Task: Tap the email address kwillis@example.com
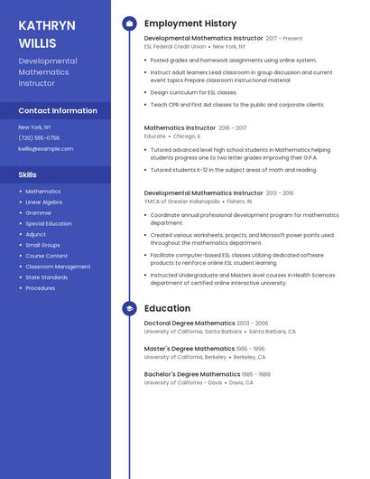pyautogui.click(x=45, y=148)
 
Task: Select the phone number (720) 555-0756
pyautogui.click(x=39, y=138)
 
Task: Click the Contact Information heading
pyautogui.click(x=58, y=111)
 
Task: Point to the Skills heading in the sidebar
pyautogui.click(x=28, y=174)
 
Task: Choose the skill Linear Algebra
pyautogui.click(x=44, y=202)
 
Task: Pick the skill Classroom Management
pyautogui.click(x=58, y=267)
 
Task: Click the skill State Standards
pyautogui.click(x=47, y=277)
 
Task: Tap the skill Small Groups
pyautogui.click(x=42, y=245)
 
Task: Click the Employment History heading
pyautogui.click(x=190, y=23)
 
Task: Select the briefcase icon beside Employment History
pyautogui.click(x=129, y=23)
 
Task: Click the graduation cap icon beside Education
pyautogui.click(x=129, y=308)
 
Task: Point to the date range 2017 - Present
pyautogui.click(x=284, y=39)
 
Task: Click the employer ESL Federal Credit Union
pyautogui.click(x=175, y=46)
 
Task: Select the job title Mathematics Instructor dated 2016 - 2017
pyautogui.click(x=180, y=128)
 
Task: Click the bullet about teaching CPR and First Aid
pyautogui.click(x=237, y=105)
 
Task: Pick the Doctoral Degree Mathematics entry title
pyautogui.click(x=190, y=323)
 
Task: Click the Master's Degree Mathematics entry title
pyautogui.click(x=190, y=348)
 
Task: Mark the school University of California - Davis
pyautogui.click(x=182, y=381)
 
